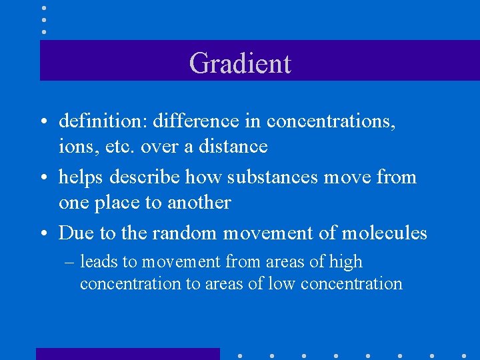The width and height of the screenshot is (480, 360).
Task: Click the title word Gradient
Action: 240,63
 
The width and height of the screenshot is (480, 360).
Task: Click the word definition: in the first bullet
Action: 103,121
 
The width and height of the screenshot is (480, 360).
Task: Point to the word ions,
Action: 76,146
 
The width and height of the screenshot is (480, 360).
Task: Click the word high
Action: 346,262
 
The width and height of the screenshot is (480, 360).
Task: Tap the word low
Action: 282,284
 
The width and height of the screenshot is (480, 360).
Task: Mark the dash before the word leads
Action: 69,263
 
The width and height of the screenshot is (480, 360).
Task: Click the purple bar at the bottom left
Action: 127,354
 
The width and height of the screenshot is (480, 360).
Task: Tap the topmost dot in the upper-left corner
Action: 43,9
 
